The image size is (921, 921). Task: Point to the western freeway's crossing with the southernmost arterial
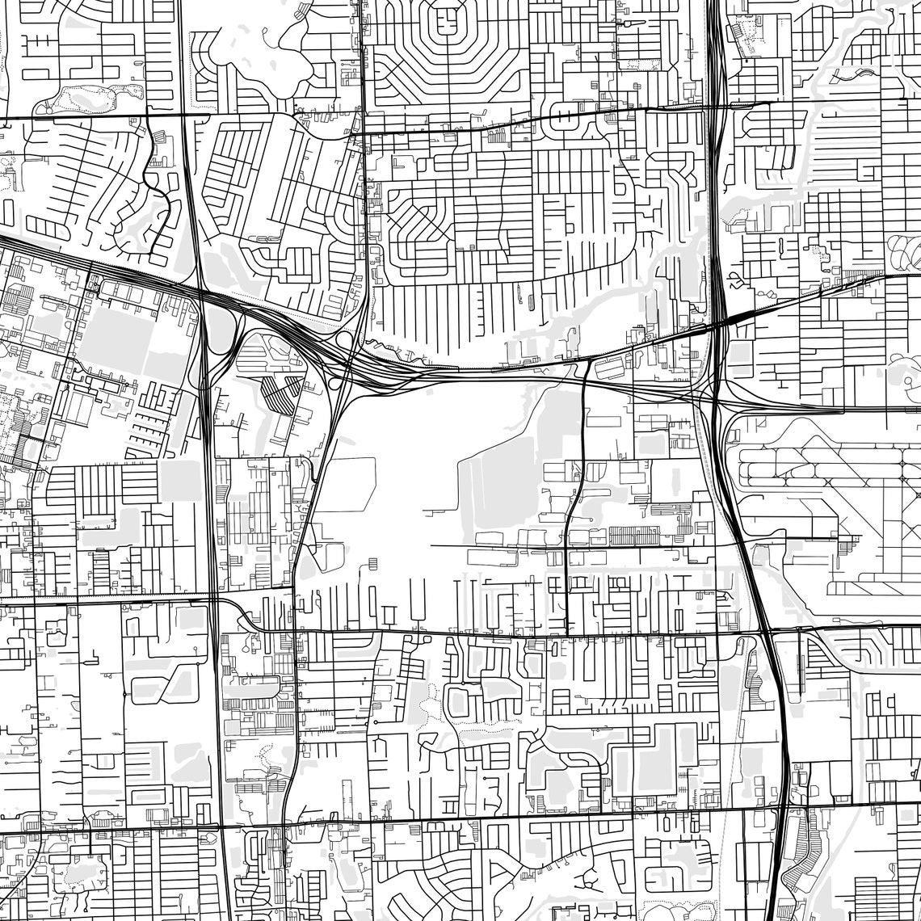click(220, 826)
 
